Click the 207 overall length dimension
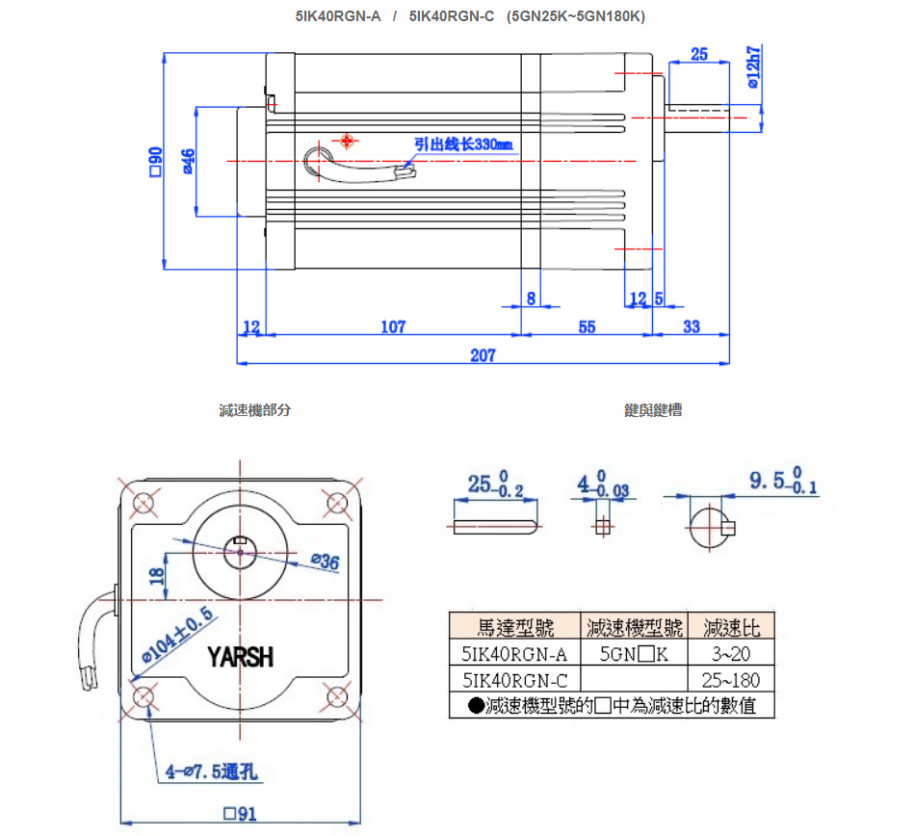coord(483,355)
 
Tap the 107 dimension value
coord(393,327)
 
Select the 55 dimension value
coord(587,327)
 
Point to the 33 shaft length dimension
coord(692,327)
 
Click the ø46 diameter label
coord(189,161)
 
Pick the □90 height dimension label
coord(156,161)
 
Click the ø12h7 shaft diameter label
coord(753,66)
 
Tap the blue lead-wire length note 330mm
coord(463,144)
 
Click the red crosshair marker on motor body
coord(348,141)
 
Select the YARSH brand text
coord(241,658)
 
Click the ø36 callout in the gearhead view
coord(326,562)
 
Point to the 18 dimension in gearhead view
coord(157,575)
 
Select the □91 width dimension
coord(240,814)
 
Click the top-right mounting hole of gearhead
coord(337,502)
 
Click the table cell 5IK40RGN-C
coord(514,680)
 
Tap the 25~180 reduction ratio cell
coord(732,680)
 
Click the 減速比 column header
coord(732,628)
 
